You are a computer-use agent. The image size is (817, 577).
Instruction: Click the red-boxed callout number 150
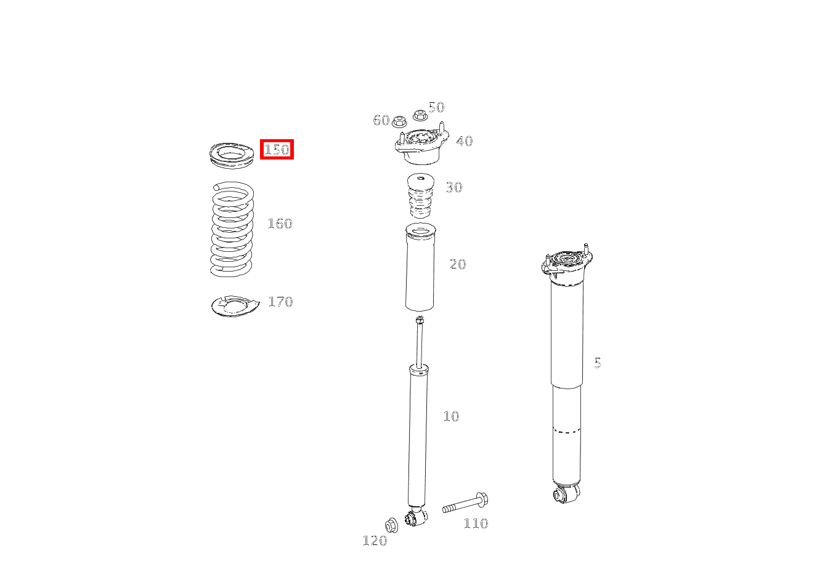pyautogui.click(x=277, y=149)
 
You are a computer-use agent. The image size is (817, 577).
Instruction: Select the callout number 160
pyautogui.click(x=279, y=224)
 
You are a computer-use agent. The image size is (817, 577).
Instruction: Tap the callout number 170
pyautogui.click(x=280, y=302)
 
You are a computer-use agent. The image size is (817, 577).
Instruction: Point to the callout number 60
pyautogui.click(x=381, y=120)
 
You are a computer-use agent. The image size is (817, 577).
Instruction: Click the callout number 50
pyautogui.click(x=436, y=107)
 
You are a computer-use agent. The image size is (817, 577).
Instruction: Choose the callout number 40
pyautogui.click(x=464, y=141)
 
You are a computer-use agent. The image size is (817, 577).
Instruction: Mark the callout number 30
pyautogui.click(x=453, y=187)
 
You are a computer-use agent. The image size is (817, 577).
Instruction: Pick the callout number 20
pyautogui.click(x=458, y=264)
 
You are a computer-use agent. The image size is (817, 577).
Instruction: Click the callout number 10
pyautogui.click(x=451, y=416)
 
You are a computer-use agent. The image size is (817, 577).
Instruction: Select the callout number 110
pyautogui.click(x=476, y=523)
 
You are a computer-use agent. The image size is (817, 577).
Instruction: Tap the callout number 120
pyautogui.click(x=375, y=541)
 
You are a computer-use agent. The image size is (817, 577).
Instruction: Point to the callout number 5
pyautogui.click(x=597, y=363)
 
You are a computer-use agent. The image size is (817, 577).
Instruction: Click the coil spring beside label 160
pyautogui.click(x=232, y=229)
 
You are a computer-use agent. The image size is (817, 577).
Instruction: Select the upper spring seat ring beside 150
pyautogui.click(x=232, y=154)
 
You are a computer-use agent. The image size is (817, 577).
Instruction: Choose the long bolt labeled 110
pyautogui.click(x=465, y=503)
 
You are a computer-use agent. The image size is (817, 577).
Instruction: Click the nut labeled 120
pyautogui.click(x=391, y=525)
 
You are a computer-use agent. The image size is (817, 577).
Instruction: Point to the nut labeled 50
pyautogui.click(x=420, y=115)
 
